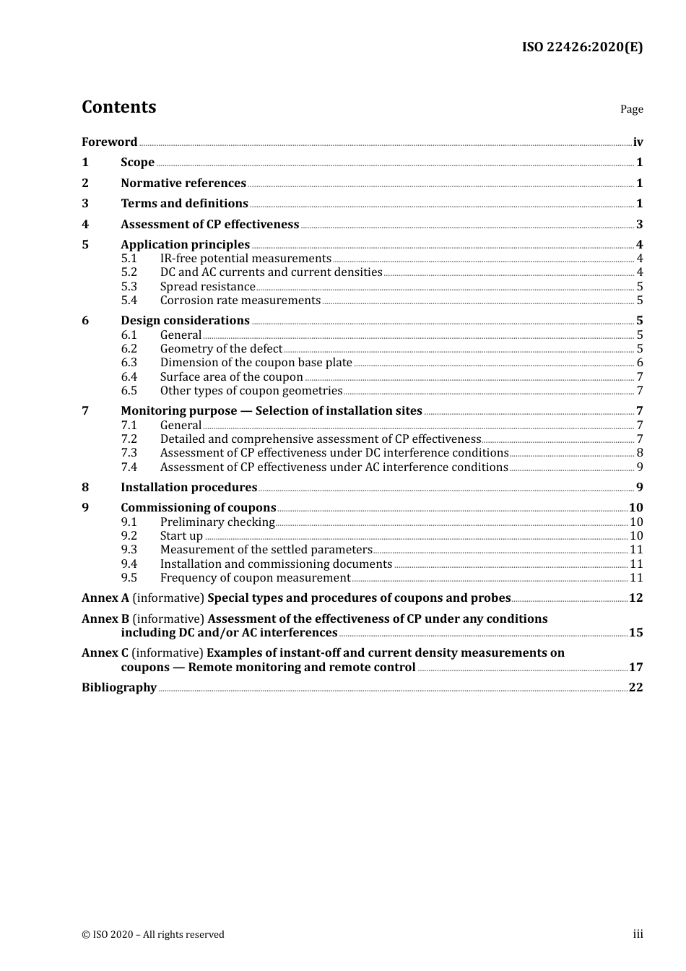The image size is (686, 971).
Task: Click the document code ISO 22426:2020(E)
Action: (582, 48)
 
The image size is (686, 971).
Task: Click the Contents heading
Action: (118, 107)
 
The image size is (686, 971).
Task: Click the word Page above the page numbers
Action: (631, 109)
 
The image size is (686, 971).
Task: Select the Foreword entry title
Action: (109, 142)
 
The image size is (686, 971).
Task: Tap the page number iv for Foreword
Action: (638, 142)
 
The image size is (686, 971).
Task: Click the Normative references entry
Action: (183, 184)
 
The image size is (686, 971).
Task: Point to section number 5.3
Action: (129, 287)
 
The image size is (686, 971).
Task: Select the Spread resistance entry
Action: (207, 287)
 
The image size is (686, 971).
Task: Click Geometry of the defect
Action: (221, 349)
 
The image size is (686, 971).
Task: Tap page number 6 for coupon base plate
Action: (640, 363)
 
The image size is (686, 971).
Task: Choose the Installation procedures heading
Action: (188, 488)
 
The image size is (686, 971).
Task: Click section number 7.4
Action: (129, 467)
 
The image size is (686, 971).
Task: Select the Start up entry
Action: (181, 536)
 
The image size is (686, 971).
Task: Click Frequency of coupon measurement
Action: (255, 578)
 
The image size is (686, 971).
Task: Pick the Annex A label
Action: (105, 598)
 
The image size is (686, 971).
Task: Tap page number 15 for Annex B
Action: (635, 633)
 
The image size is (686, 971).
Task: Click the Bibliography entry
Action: (119, 688)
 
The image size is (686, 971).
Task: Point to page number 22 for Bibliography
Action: (635, 688)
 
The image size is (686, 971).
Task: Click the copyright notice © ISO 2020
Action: (152, 935)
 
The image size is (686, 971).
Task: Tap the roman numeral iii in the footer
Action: (638, 934)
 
